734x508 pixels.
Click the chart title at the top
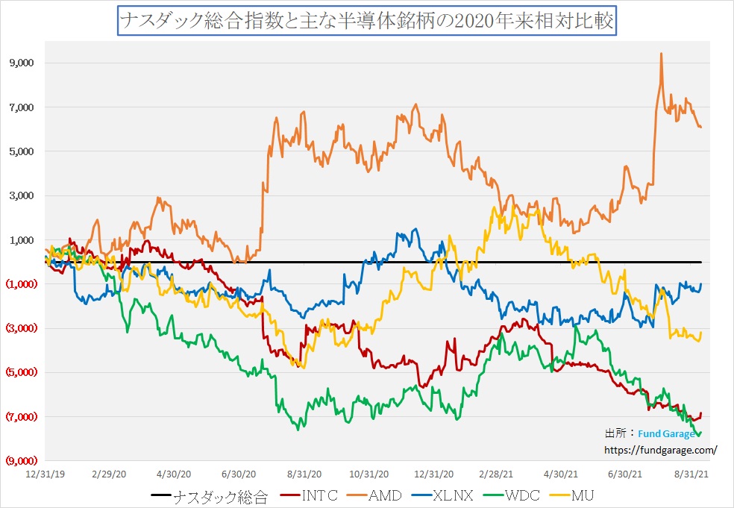pyautogui.click(x=366, y=20)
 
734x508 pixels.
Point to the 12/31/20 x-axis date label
pyautogui.click(x=434, y=474)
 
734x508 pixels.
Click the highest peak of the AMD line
pyautogui.click(x=661, y=54)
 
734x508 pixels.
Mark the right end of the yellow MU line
pyautogui.click(x=700, y=333)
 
